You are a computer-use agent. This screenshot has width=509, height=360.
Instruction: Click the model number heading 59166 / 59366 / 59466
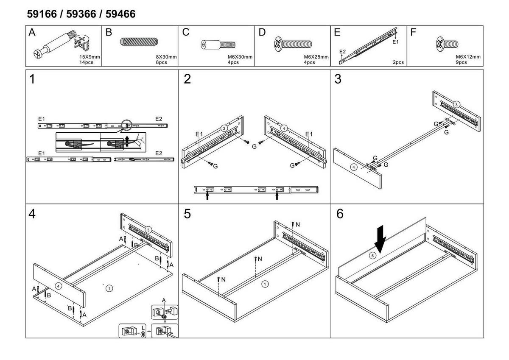tap(81, 14)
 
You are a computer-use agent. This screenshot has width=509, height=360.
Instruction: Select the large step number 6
tap(339, 215)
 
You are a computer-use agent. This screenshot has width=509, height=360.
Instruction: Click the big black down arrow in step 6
tap(380, 239)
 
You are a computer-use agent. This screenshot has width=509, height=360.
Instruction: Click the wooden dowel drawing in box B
tap(139, 42)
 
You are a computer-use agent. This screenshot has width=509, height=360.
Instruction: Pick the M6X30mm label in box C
tap(240, 57)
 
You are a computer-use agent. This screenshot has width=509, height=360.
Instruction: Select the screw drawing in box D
tap(293, 44)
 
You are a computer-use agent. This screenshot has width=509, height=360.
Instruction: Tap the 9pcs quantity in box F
tap(461, 62)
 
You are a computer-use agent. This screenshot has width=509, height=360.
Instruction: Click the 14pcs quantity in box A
tap(86, 62)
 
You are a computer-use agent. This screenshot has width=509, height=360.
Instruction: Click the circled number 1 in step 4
tap(109, 288)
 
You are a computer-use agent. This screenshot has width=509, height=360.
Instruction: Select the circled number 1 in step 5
tap(265, 284)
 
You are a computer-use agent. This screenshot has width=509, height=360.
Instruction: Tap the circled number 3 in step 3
tap(456, 104)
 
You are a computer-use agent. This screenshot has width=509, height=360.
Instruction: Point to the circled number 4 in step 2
tap(284, 128)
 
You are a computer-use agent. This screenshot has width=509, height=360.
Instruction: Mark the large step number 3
tap(338, 80)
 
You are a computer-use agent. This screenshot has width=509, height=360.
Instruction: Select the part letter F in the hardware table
tap(414, 33)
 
